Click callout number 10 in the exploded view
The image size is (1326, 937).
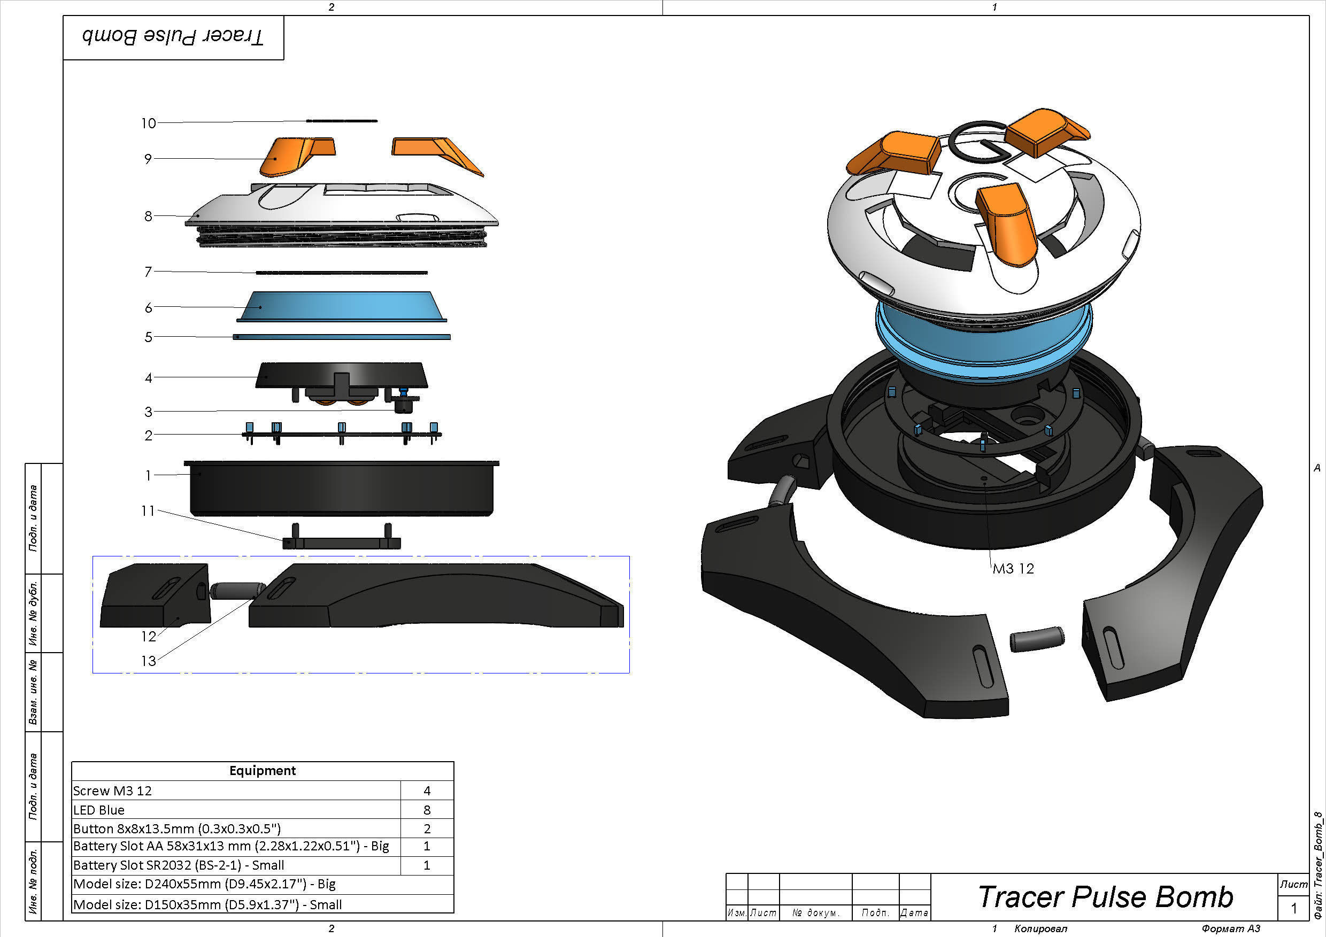click(x=149, y=123)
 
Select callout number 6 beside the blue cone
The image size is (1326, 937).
click(x=149, y=308)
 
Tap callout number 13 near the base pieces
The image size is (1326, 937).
click(x=149, y=661)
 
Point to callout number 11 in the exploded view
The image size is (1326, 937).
click(x=148, y=510)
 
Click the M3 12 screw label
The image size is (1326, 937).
click(x=1013, y=569)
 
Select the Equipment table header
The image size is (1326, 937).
click(x=262, y=771)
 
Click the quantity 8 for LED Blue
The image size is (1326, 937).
click(x=427, y=810)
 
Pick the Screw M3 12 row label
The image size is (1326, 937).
click(x=113, y=791)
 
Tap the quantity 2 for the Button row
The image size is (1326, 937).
click(x=427, y=829)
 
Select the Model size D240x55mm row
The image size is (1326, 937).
click(x=204, y=885)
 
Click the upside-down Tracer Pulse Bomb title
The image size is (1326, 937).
click(x=173, y=37)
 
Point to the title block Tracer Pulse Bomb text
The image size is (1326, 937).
click(x=1105, y=897)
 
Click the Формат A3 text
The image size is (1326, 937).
click(x=1231, y=928)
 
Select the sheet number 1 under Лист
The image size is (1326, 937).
click(x=1294, y=909)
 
